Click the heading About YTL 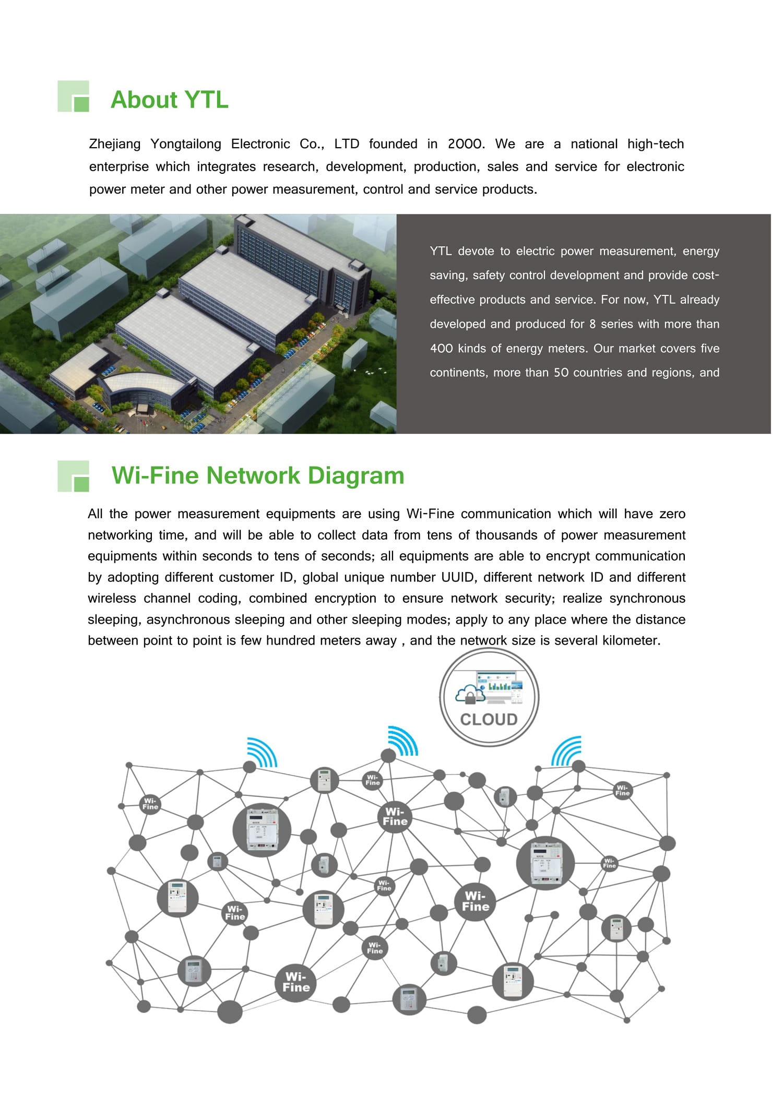pos(169,100)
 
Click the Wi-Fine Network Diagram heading pos(258,475)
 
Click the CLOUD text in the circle pos(489,720)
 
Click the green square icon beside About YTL pos(74,97)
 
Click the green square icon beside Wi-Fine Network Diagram pos(74,476)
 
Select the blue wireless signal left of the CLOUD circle pos(403,741)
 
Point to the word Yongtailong pos(186,144)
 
